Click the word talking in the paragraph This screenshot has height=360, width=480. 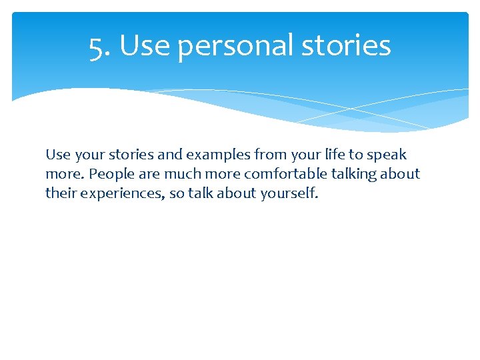[352, 175]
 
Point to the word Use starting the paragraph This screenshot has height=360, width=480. [57, 155]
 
